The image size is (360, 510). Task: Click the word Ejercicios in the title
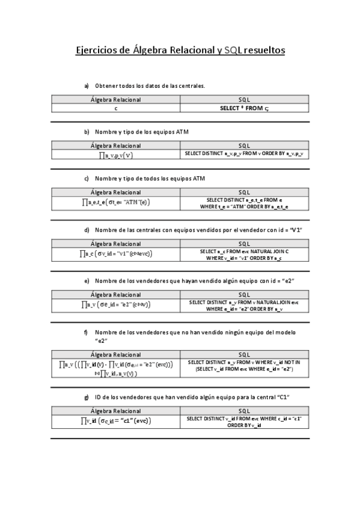pyautogui.click(x=97, y=51)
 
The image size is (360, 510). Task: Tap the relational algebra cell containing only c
pyautogui.click(x=115, y=108)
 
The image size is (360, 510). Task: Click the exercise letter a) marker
pyautogui.click(x=87, y=86)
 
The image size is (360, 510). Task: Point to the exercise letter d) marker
pyautogui.click(x=87, y=230)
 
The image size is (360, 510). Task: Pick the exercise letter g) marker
pyautogui.click(x=87, y=397)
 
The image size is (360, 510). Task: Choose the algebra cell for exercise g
pyautogui.click(x=115, y=421)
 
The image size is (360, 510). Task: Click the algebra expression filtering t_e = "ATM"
pyautogui.click(x=115, y=203)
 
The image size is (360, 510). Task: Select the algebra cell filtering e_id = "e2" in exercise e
pyautogui.click(x=115, y=305)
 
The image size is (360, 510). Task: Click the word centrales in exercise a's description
pyautogui.click(x=191, y=86)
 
